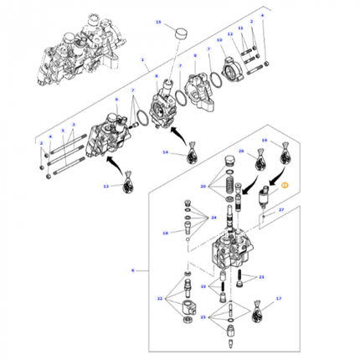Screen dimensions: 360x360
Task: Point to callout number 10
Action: point(219,39)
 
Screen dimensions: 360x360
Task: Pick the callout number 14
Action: point(166,152)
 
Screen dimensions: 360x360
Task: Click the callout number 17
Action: point(278,298)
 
